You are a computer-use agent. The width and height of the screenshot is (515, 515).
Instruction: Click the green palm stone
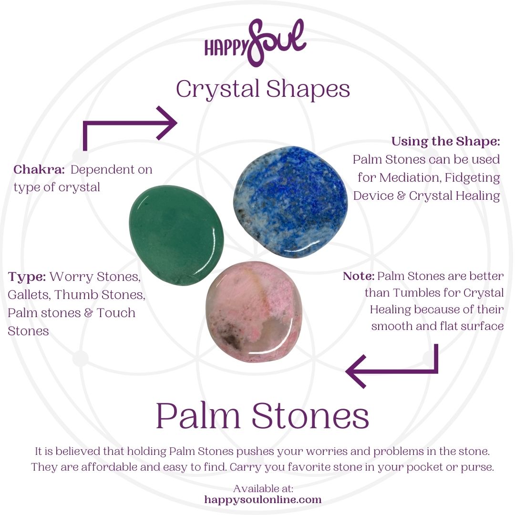(176, 235)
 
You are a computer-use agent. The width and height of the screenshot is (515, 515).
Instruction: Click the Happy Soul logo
(255, 43)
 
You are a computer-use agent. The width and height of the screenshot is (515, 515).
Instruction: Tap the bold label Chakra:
(39, 169)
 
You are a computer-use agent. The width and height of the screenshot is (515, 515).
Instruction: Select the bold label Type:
(27, 277)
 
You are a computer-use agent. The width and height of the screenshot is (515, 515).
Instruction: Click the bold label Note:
(358, 276)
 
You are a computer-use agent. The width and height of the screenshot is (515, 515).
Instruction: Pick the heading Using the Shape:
(446, 141)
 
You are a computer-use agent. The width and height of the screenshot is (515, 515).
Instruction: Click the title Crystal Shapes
(263, 89)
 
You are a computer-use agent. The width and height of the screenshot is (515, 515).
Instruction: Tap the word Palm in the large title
(198, 415)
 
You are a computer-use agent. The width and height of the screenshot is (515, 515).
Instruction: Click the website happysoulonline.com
(263, 500)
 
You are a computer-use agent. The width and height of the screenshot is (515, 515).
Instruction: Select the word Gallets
(28, 295)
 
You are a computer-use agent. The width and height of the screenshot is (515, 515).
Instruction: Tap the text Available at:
(263, 488)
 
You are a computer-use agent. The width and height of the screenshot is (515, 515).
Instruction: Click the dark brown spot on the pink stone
(233, 339)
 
